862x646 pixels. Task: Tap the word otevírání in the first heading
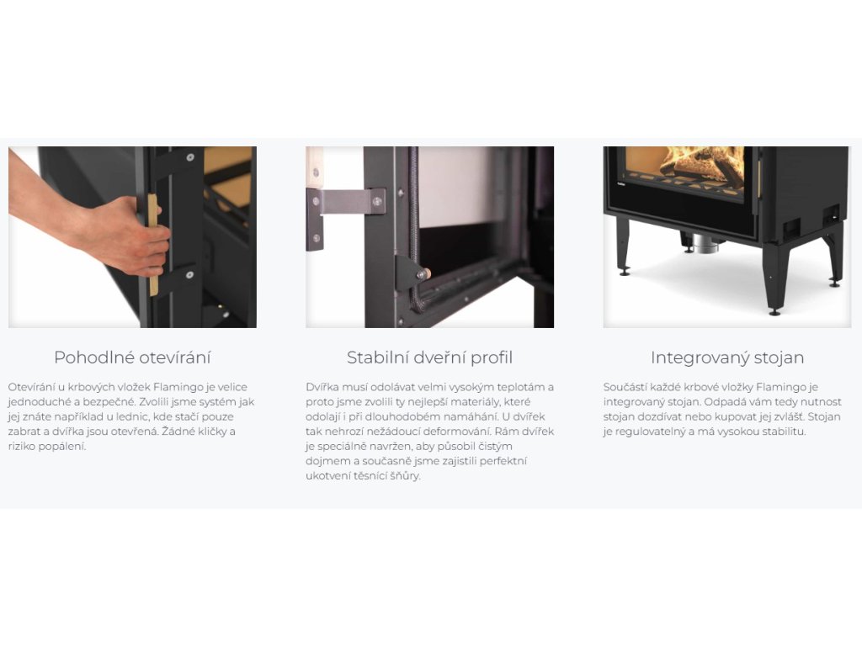[x=174, y=357]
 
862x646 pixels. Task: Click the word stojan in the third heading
[x=780, y=357]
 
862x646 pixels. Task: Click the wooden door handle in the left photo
[x=152, y=245]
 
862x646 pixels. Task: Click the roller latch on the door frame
[x=423, y=273]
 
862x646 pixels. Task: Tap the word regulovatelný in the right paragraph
[x=650, y=432]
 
